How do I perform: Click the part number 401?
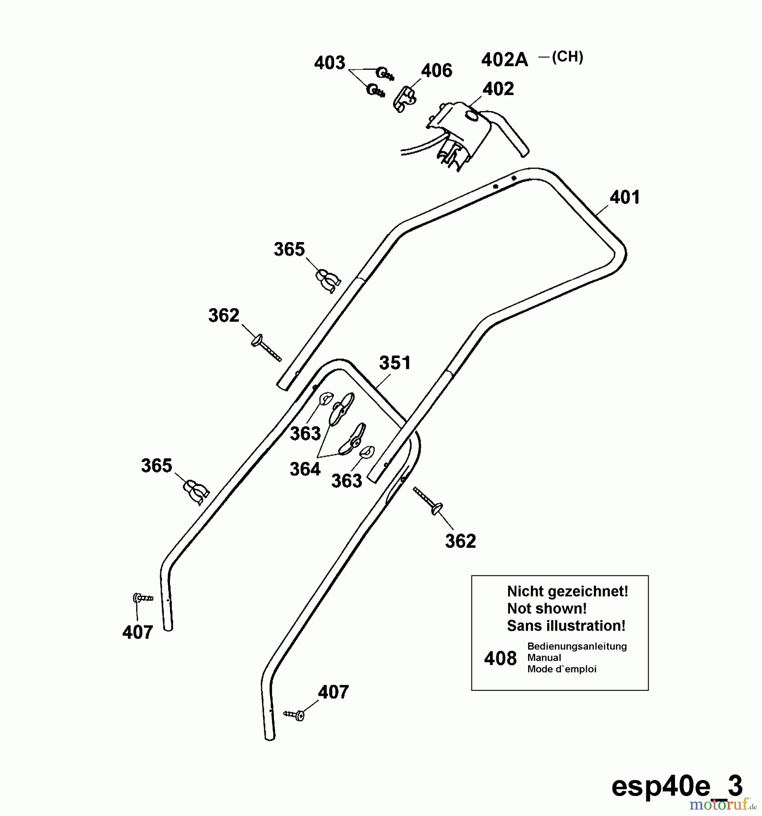pyautogui.click(x=624, y=197)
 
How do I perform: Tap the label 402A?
pyautogui.click(x=505, y=60)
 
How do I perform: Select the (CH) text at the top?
pyautogui.click(x=568, y=57)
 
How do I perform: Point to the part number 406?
pyautogui.click(x=437, y=71)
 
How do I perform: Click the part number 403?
pyautogui.click(x=330, y=63)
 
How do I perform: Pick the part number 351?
pyautogui.click(x=395, y=363)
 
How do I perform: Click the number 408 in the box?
pyautogui.click(x=500, y=658)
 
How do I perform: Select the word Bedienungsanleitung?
pyautogui.click(x=577, y=646)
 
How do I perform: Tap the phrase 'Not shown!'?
pyautogui.click(x=547, y=608)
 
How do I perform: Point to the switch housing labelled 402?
pyautogui.click(x=458, y=131)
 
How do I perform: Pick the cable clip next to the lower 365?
pyautogui.click(x=195, y=491)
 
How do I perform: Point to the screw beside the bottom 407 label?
pyautogui.click(x=295, y=715)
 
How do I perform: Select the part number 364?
pyautogui.click(x=305, y=469)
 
